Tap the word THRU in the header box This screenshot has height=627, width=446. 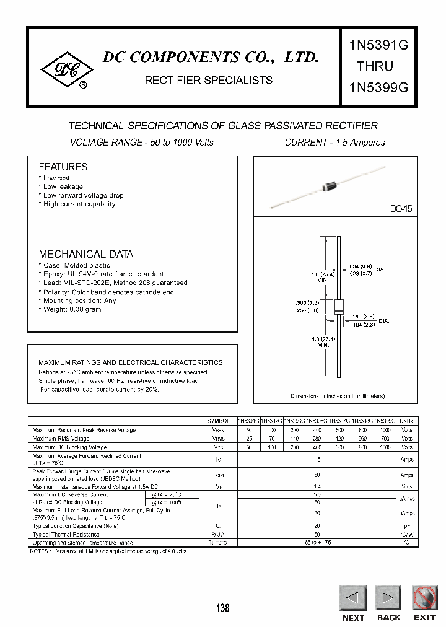pos(374,66)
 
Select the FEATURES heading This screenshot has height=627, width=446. pos(63,167)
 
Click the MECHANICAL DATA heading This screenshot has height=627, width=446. pos(86,254)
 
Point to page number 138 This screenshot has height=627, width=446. pos(223,608)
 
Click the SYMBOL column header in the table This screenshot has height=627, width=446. pos(218,421)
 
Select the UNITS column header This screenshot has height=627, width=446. pos(407,421)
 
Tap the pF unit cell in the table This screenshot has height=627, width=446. pos(407,525)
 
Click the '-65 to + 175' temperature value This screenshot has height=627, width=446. pos(318,543)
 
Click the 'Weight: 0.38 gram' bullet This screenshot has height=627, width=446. pos(72,309)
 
